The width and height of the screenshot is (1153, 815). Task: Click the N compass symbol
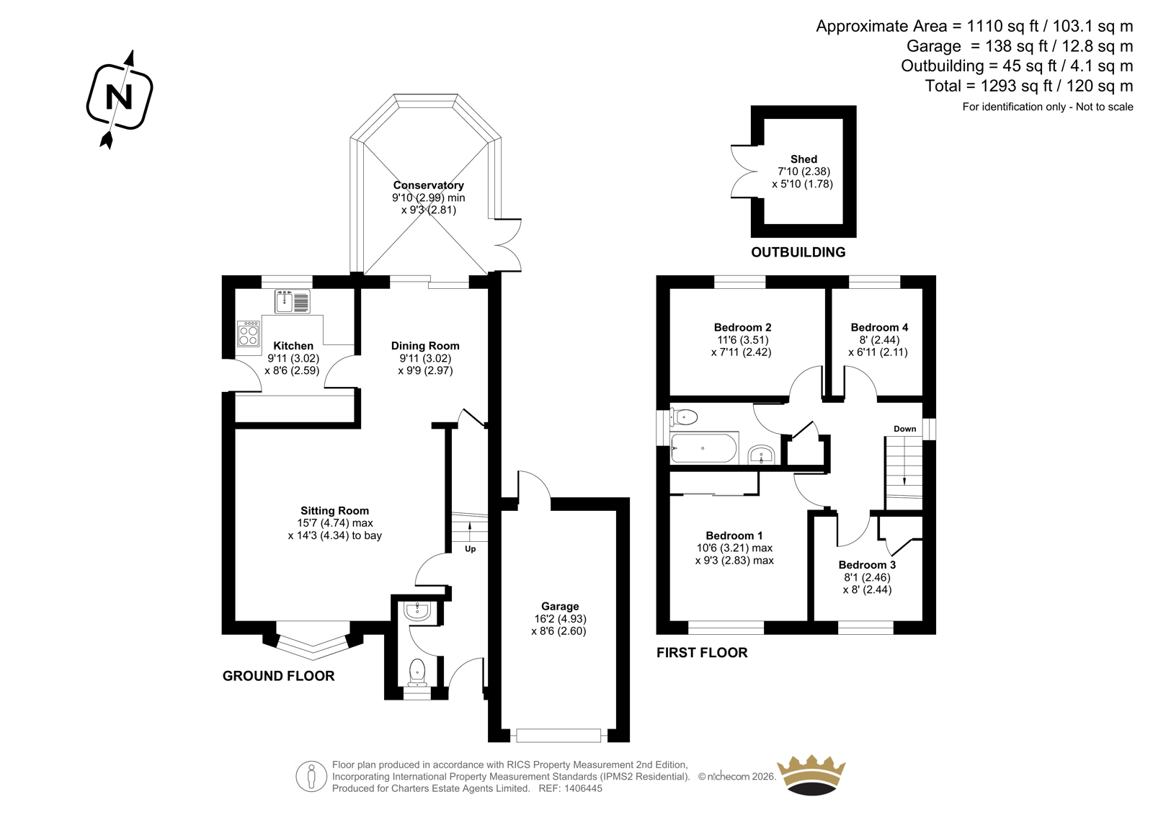click(120, 98)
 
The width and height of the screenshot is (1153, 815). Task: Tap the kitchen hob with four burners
click(249, 334)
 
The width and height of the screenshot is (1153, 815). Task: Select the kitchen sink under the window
click(293, 302)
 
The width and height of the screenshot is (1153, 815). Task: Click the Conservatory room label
click(428, 184)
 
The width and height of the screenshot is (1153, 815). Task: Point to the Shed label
click(803, 159)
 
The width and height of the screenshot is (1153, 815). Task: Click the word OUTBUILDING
click(798, 252)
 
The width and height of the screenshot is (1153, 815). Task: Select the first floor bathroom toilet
click(684, 417)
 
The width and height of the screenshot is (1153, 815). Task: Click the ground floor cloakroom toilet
click(417, 672)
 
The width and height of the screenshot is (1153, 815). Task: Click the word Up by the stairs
click(470, 549)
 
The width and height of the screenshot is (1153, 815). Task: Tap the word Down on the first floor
click(904, 429)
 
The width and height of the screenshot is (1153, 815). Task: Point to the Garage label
click(559, 607)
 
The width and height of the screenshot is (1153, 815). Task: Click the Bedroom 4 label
click(879, 327)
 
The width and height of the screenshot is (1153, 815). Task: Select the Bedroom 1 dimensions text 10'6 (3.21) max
click(734, 548)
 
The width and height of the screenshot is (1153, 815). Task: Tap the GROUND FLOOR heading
click(278, 676)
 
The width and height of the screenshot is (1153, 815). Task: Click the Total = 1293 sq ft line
click(1029, 86)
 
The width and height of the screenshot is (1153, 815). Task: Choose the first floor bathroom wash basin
click(761, 454)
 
